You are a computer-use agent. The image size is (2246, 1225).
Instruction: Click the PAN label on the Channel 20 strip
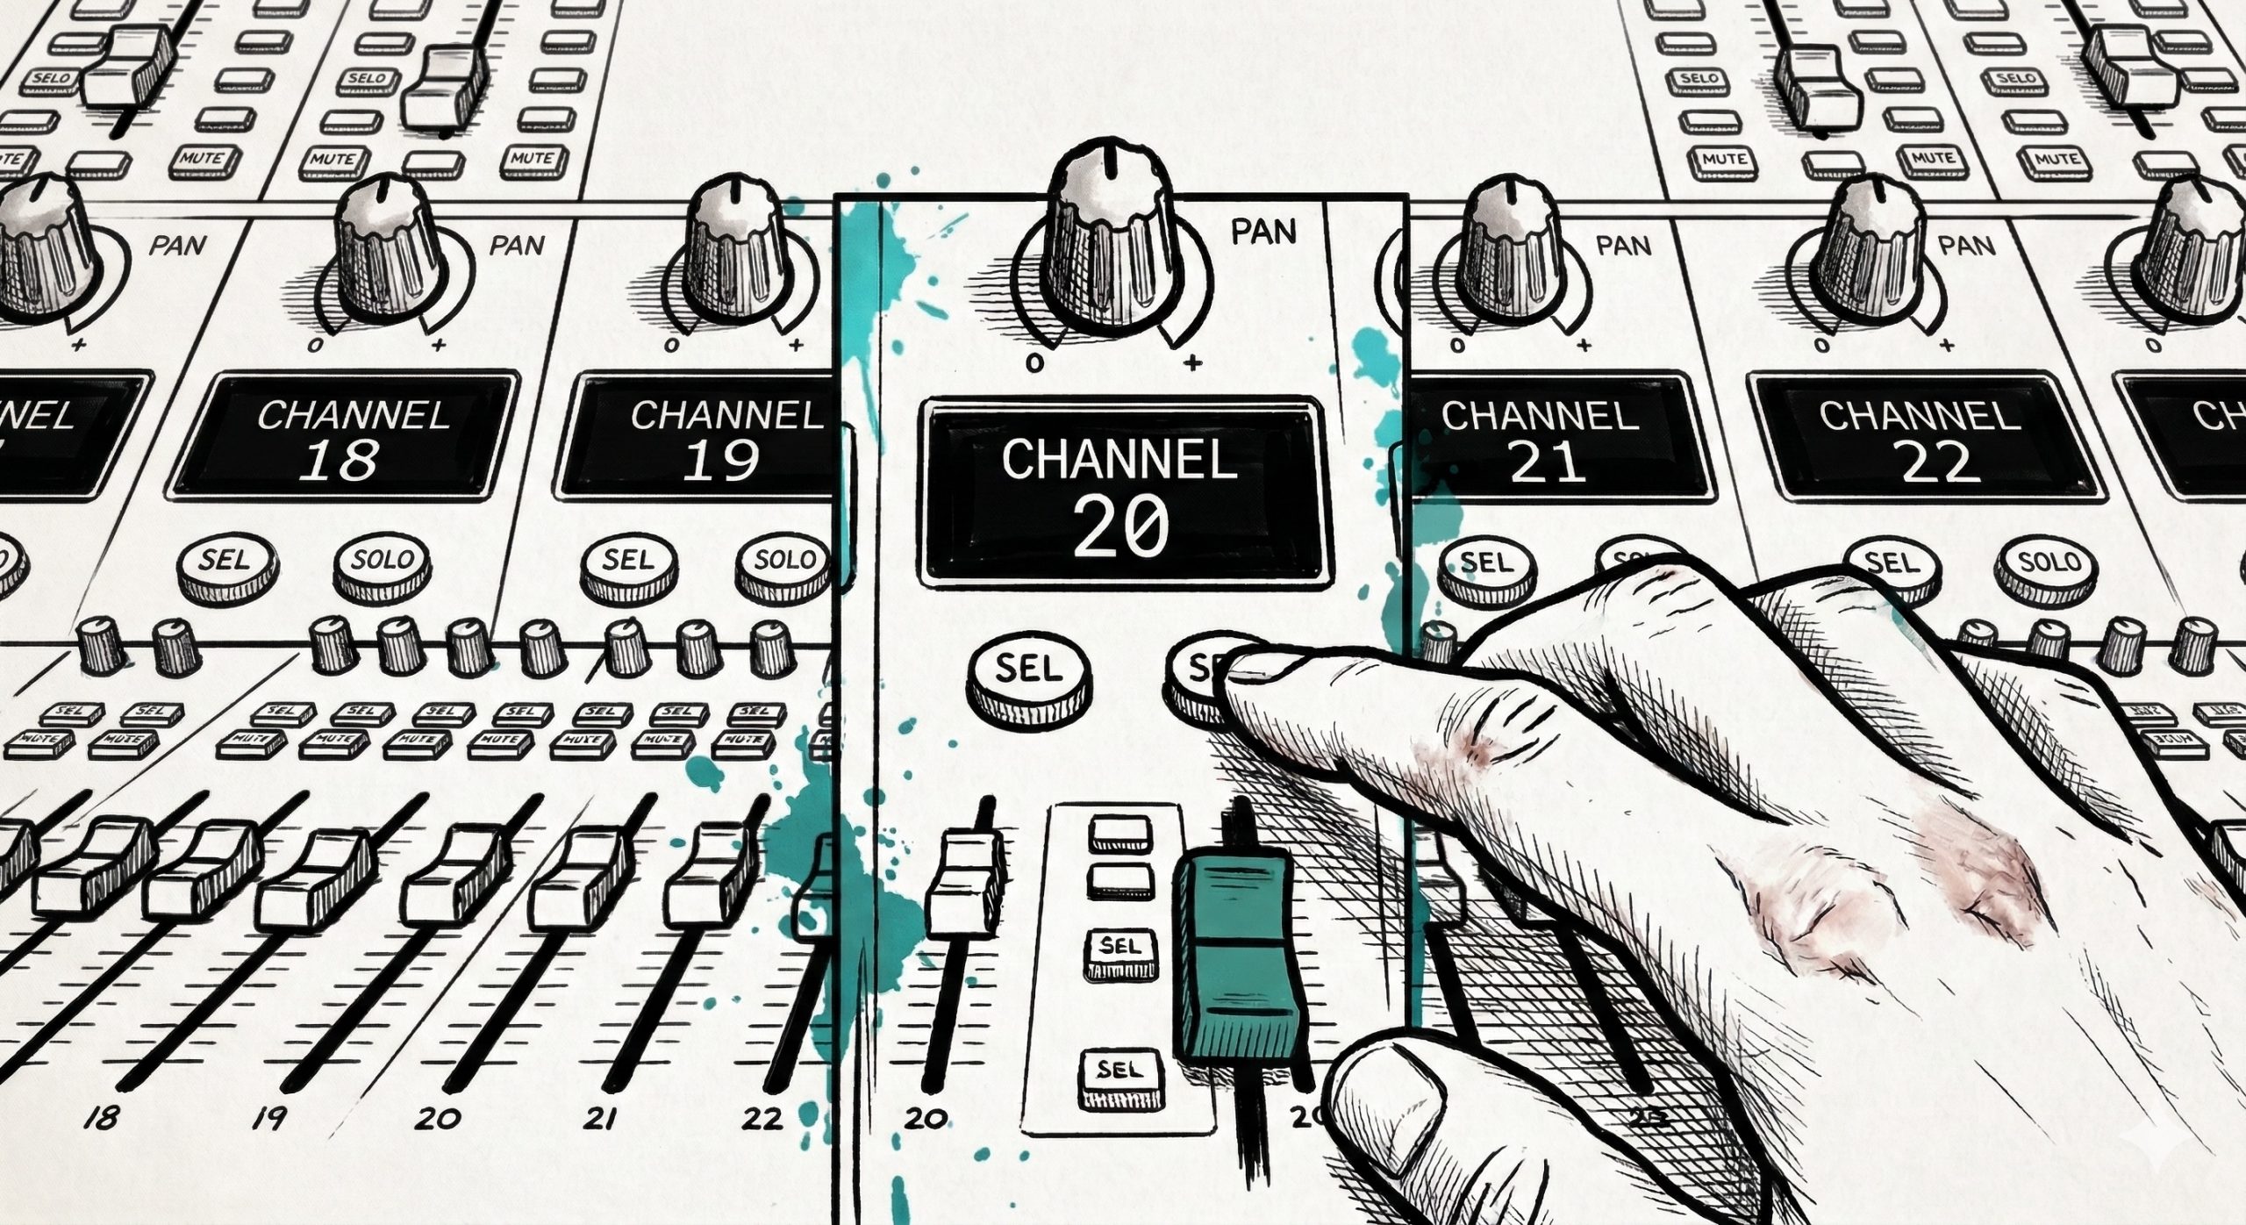pos(1263,232)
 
